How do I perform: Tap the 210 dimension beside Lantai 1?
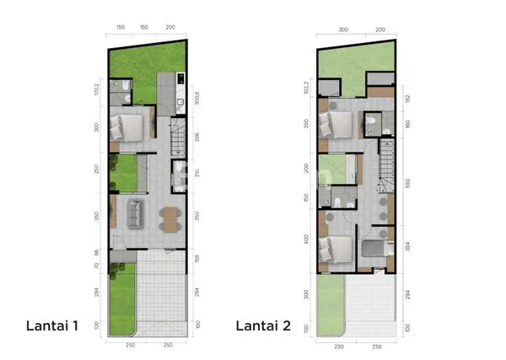[x=196, y=175]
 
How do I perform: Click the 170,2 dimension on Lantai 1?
[x=98, y=87]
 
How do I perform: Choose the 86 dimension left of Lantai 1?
[x=98, y=251]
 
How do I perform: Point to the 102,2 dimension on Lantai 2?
[x=307, y=87]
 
